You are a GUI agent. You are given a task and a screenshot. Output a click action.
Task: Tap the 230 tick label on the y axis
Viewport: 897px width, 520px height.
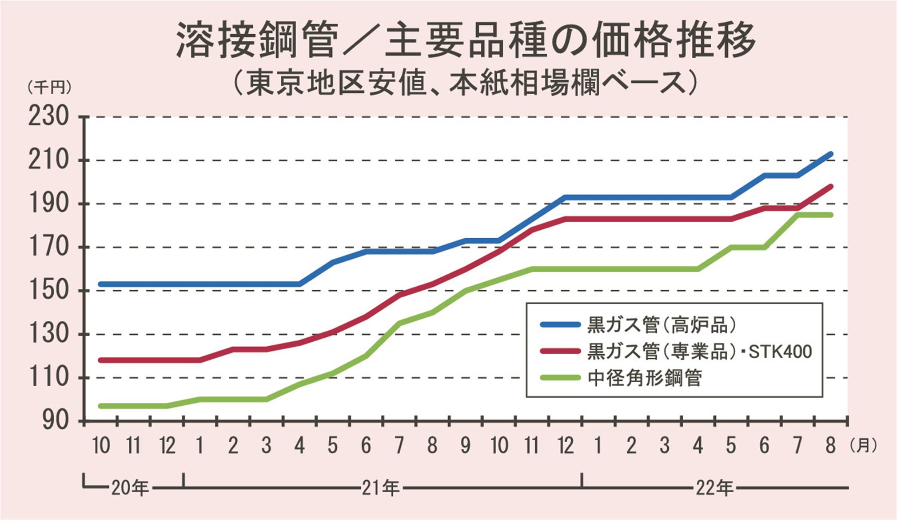[49, 118]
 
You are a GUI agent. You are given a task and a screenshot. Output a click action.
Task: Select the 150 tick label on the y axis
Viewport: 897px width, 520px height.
[49, 291]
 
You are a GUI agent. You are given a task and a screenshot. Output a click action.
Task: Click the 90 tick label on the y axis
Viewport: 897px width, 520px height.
[56, 420]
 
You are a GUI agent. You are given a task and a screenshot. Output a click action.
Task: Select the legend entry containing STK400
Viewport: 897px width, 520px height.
[699, 352]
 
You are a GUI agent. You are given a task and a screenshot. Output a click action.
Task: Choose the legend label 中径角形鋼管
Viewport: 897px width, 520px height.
[644, 378]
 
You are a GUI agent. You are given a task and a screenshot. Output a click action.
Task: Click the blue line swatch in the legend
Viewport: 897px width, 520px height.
[561, 325]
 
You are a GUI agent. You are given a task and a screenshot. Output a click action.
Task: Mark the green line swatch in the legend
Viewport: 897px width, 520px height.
[561, 378]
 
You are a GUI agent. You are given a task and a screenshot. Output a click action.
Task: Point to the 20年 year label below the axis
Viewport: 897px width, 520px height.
[129, 488]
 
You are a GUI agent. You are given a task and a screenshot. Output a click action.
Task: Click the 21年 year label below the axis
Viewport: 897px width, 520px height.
[380, 488]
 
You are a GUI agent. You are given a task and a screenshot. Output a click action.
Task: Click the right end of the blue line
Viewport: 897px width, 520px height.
[830, 154]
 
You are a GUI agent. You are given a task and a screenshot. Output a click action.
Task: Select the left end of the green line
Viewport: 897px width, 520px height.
[101, 406]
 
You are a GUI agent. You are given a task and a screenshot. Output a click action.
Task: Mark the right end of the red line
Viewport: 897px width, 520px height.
[830, 187]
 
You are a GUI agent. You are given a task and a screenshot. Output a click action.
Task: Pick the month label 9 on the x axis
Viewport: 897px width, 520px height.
[465, 445]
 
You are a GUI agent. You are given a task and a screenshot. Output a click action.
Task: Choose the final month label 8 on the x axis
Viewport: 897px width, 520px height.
[830, 445]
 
